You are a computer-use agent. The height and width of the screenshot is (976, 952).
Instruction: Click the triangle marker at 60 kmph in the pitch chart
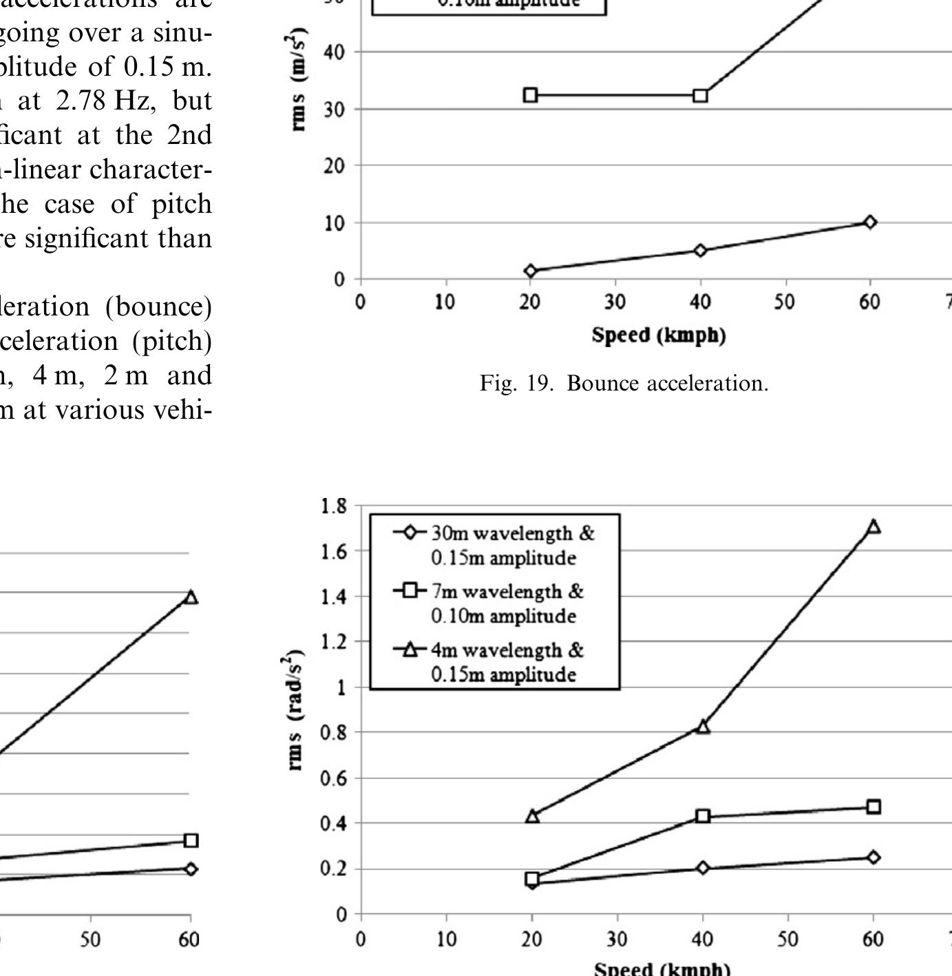point(874,527)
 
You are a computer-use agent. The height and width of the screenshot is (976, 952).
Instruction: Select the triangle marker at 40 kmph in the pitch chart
point(702,726)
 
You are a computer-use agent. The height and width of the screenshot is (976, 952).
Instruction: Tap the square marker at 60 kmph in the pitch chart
point(874,807)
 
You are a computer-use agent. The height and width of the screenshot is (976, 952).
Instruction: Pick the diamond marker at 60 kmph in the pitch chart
point(874,858)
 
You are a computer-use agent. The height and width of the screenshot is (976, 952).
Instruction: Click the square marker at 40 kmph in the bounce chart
point(701,95)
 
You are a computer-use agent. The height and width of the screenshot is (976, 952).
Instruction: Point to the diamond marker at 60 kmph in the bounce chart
point(870,222)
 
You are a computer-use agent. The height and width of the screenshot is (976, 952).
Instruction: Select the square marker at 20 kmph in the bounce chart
point(530,95)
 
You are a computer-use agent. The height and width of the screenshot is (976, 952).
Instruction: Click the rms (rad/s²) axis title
point(295,709)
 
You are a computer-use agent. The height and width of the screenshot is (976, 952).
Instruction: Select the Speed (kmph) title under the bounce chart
point(659,335)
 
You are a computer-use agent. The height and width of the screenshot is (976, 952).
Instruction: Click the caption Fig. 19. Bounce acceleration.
point(624,383)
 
